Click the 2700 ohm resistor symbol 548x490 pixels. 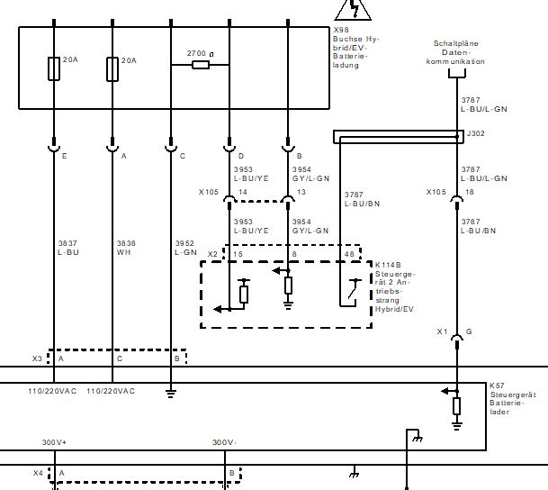(201, 65)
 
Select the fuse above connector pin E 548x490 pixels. (54, 68)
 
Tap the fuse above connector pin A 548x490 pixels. (112, 68)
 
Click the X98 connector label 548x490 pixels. (339, 29)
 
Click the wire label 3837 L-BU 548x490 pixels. (68, 248)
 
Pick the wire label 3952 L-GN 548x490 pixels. (184, 248)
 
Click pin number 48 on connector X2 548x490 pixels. (348, 255)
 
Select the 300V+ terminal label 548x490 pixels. (55, 442)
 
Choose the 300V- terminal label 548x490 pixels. (224, 442)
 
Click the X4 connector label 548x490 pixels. (38, 472)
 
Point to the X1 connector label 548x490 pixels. (442, 332)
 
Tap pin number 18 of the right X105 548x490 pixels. (469, 193)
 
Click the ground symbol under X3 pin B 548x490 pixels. (170, 392)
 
